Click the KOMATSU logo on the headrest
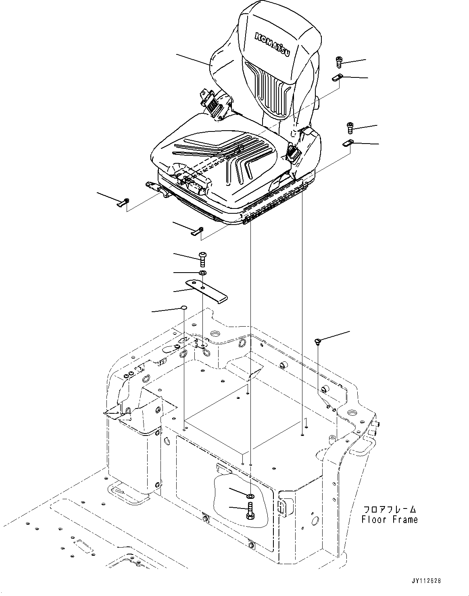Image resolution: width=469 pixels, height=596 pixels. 272,46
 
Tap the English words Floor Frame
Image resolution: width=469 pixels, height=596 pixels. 389,519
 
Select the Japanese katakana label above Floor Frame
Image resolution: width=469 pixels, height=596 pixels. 389,509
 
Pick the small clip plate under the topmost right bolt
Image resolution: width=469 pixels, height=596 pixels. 337,78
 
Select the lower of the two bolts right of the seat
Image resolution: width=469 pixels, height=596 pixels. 350,128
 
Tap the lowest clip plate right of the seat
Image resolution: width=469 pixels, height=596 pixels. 348,142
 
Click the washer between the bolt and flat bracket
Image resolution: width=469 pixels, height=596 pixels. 203,274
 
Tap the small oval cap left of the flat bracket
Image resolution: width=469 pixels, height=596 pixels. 183,308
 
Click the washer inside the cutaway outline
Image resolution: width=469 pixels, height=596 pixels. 251,495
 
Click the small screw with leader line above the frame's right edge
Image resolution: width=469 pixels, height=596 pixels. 318,342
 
